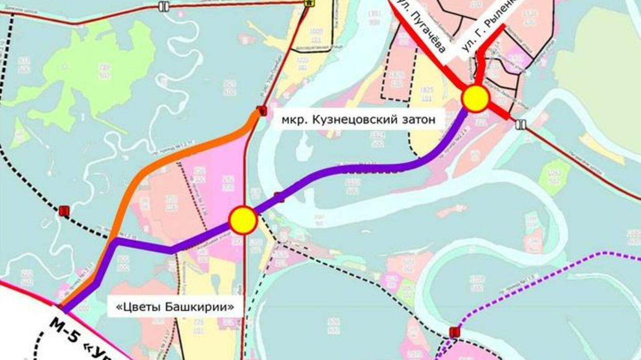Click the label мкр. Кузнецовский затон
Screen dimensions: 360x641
358,120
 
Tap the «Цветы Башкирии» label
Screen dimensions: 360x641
175,307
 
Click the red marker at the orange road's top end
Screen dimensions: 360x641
262,111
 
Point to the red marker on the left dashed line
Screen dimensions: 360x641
63,211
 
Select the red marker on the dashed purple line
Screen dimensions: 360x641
454,332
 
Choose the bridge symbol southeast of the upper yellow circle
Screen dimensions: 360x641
521,125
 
